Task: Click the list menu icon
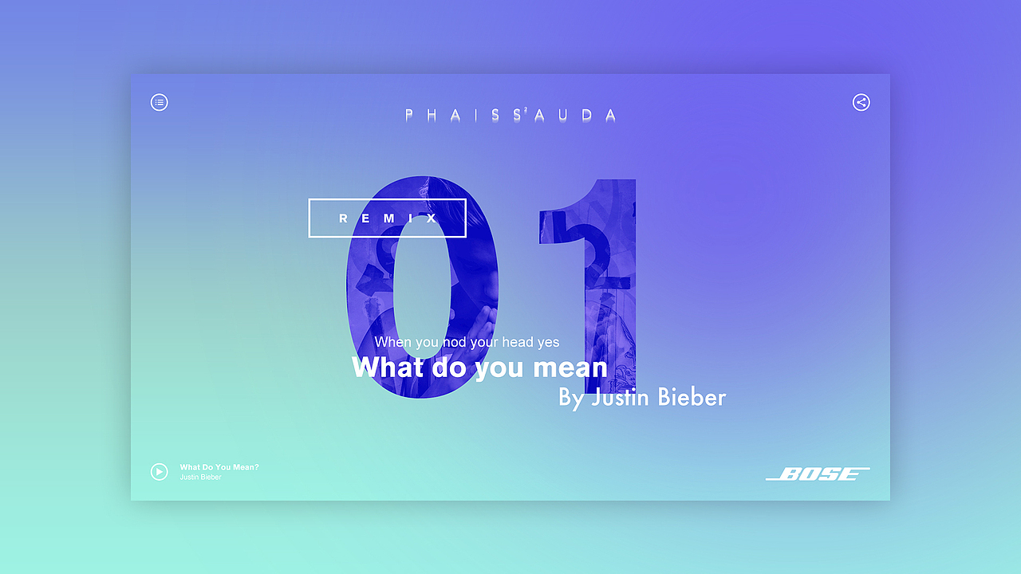click(x=160, y=102)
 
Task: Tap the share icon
click(x=861, y=102)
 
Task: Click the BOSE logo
click(x=818, y=474)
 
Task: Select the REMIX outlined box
click(x=387, y=218)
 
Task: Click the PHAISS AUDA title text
click(x=510, y=115)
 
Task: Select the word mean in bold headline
click(x=570, y=368)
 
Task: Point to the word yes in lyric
click(x=548, y=343)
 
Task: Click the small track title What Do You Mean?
click(x=219, y=467)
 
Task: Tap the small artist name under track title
click(x=200, y=478)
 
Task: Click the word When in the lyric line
click(x=393, y=342)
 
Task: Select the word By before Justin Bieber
click(x=571, y=397)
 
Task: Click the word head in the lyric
click(x=517, y=342)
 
